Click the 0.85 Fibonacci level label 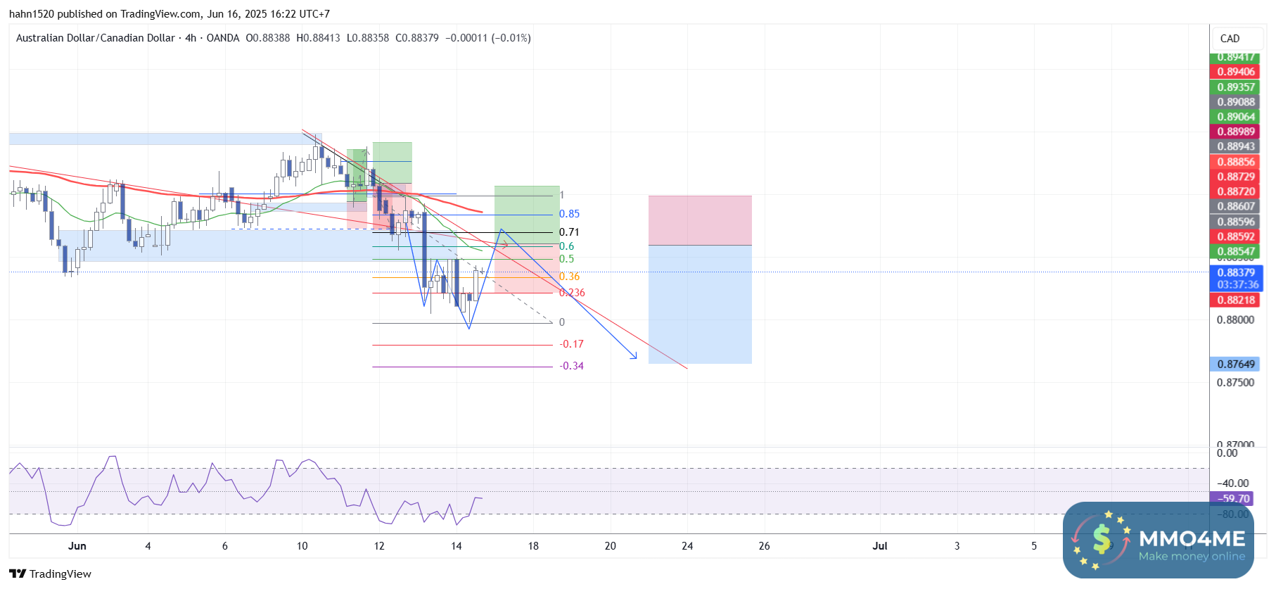click(569, 214)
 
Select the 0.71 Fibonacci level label click(569, 232)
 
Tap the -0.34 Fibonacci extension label click(571, 366)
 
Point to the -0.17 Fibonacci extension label click(571, 344)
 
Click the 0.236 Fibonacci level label click(572, 293)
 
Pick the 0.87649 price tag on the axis click(1236, 365)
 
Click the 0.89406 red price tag click(1236, 72)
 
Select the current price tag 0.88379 click(1236, 273)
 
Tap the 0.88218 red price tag click(1236, 300)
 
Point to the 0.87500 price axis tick click(1235, 383)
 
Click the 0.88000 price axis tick click(1235, 319)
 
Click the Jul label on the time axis click(879, 546)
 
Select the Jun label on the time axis click(77, 546)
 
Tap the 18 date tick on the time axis click(533, 546)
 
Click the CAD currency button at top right click(1230, 39)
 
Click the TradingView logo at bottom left click(51, 574)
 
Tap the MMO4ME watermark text click(1192, 539)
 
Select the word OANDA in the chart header click(223, 38)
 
